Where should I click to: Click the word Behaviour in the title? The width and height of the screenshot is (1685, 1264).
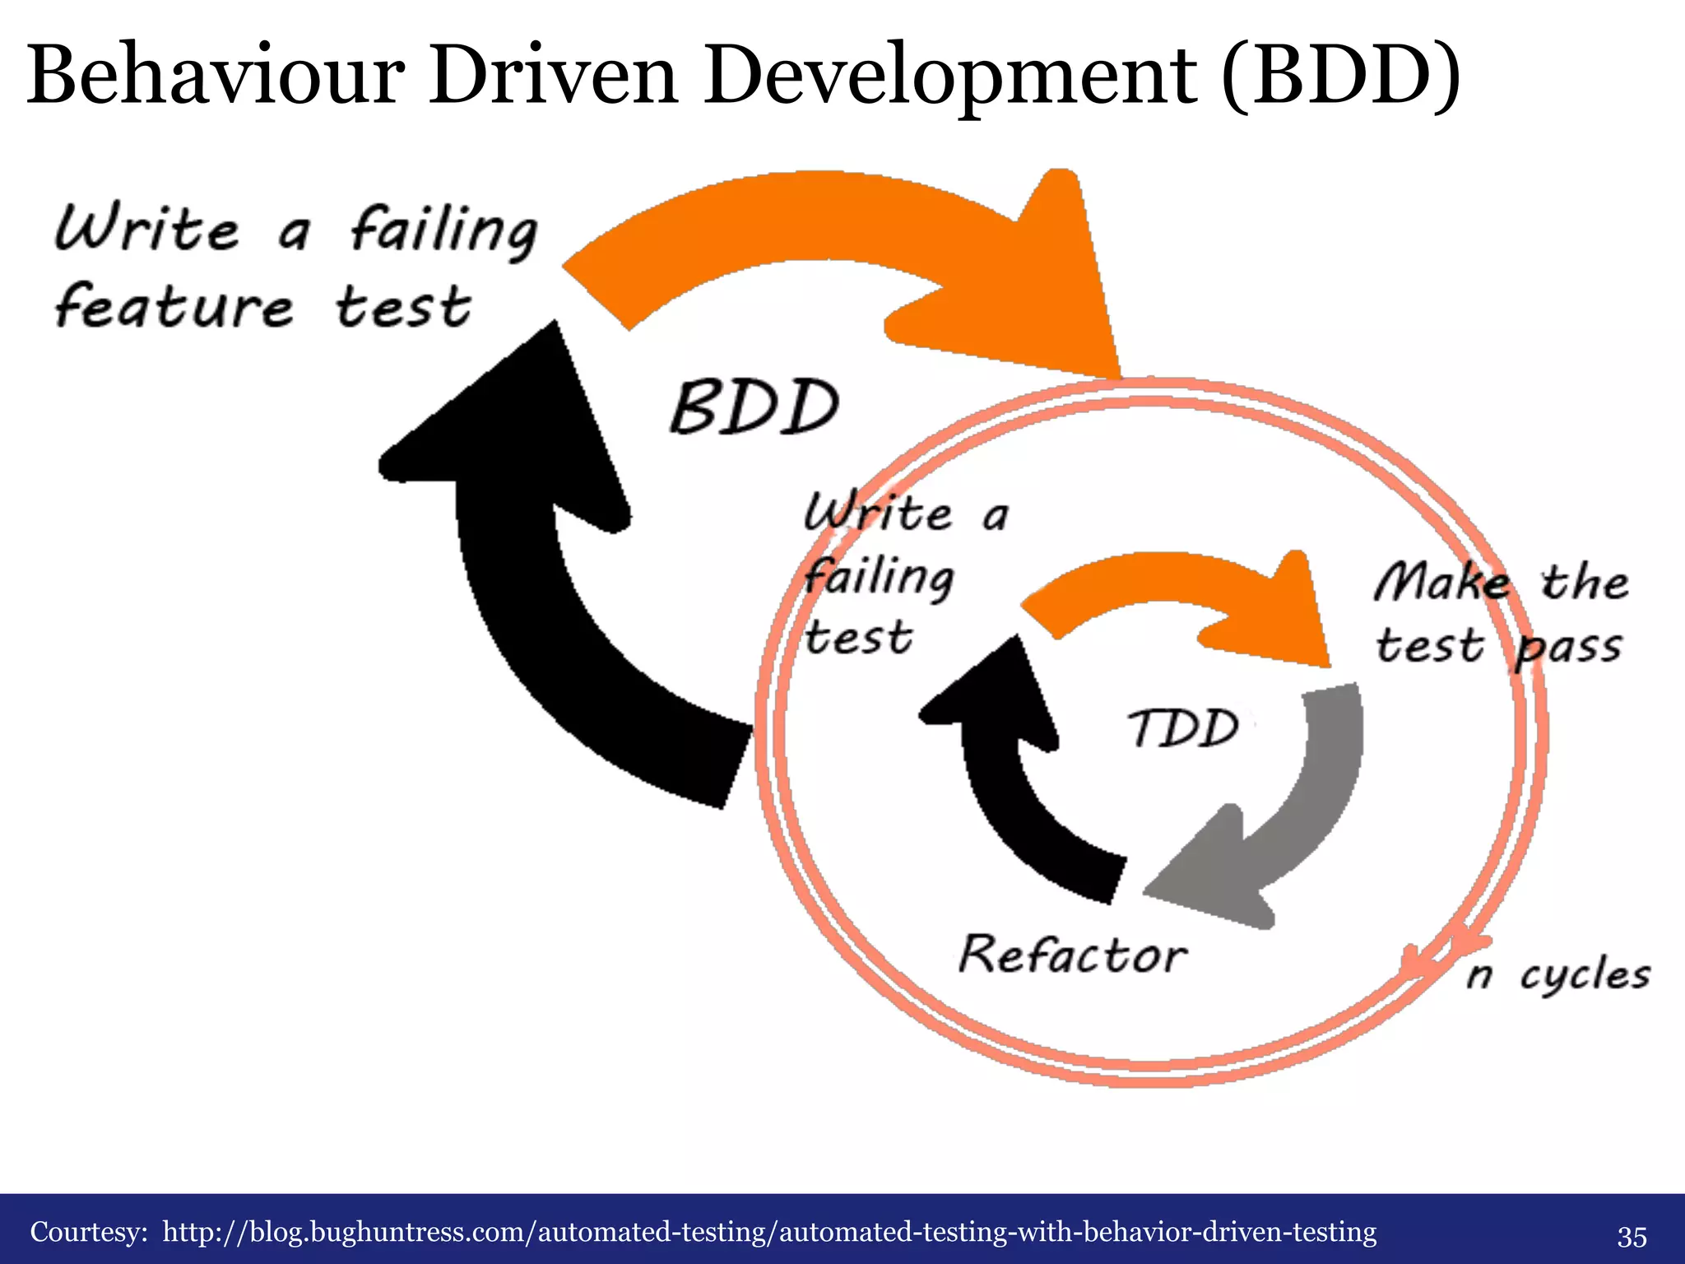pos(216,76)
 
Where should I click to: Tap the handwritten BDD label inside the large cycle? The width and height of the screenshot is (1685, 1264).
pos(754,407)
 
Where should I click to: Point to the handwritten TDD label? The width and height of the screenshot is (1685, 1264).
pos(1183,728)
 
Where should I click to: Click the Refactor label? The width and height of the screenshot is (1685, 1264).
pos(1073,955)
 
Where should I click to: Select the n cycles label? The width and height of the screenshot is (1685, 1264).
pos(1558,976)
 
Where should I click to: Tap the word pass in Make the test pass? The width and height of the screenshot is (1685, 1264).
pos(1568,647)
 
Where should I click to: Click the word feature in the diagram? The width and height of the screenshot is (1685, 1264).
pos(174,308)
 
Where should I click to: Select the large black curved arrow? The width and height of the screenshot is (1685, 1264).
pos(527,576)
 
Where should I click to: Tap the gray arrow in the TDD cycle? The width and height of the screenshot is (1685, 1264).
pos(1283,823)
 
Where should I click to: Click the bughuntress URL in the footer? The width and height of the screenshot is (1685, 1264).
pos(769,1232)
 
